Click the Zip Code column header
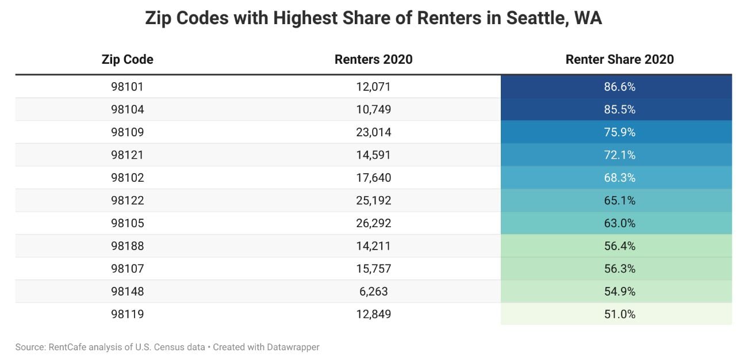click(127, 59)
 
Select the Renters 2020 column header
click(373, 59)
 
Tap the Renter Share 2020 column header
click(619, 59)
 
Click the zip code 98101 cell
click(127, 87)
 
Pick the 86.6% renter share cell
click(619, 87)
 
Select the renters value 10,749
click(373, 109)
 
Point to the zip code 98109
click(127, 132)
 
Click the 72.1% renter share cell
click(619, 155)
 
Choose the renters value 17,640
click(373, 178)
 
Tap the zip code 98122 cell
click(127, 201)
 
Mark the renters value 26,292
click(373, 223)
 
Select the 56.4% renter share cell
click(619, 246)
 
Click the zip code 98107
click(127, 269)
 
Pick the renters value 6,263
click(373, 292)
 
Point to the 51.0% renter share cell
click(619, 314)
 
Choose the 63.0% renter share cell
click(619, 223)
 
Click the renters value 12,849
click(373, 314)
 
